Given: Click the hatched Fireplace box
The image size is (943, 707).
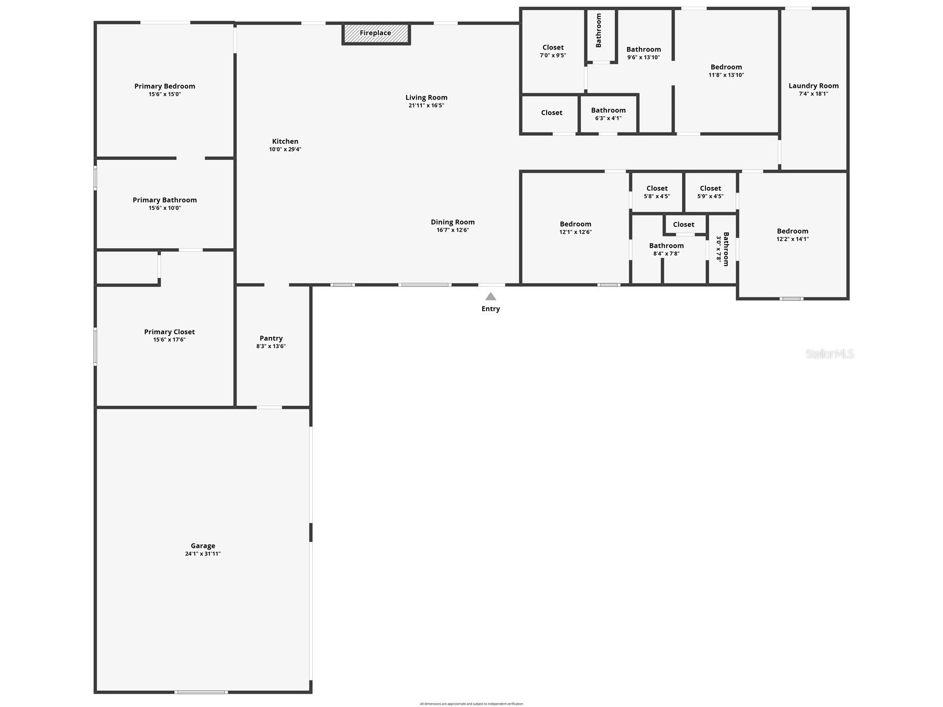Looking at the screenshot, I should pyautogui.click(x=376, y=34).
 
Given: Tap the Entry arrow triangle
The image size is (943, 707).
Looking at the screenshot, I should pyautogui.click(x=491, y=297).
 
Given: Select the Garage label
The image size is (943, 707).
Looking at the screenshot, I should pyautogui.click(x=203, y=546).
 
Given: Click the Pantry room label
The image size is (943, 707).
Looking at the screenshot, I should pyautogui.click(x=271, y=338).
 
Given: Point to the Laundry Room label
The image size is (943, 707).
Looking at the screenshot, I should pyautogui.click(x=814, y=86).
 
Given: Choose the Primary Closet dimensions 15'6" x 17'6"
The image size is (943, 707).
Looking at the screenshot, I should pyautogui.click(x=169, y=340).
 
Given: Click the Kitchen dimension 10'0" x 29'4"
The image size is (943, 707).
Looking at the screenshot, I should pyautogui.click(x=285, y=150).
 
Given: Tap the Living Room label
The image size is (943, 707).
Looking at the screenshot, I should pyautogui.click(x=426, y=97).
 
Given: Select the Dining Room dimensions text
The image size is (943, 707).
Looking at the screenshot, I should pyautogui.click(x=453, y=230).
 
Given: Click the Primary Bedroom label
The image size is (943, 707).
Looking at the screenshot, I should pyautogui.click(x=165, y=86).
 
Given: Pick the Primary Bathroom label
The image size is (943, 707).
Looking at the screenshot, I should pyautogui.click(x=165, y=200).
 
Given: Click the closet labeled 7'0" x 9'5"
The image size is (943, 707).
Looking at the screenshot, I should pyautogui.click(x=553, y=51).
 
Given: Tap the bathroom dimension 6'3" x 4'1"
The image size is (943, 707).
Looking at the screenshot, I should pyautogui.click(x=608, y=118).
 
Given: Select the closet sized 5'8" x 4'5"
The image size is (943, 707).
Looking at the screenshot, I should pyautogui.click(x=657, y=192).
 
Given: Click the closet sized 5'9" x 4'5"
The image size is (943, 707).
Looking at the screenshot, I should pyautogui.click(x=710, y=192).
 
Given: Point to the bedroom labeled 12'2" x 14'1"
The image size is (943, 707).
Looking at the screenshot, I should pyautogui.click(x=793, y=235).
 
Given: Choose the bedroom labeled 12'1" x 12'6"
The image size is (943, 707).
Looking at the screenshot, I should pyautogui.click(x=575, y=228).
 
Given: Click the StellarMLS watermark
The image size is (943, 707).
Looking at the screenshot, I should pyautogui.click(x=830, y=354).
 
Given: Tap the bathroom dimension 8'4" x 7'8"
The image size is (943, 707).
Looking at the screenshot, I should pyautogui.click(x=666, y=253).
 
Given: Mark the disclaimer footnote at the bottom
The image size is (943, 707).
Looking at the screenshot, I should pyautogui.click(x=471, y=704).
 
